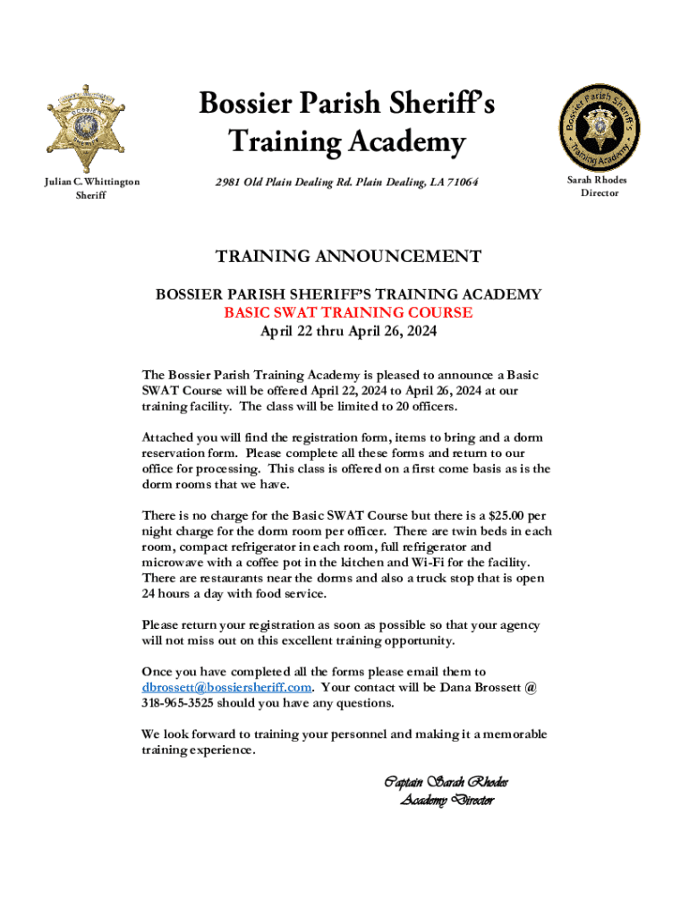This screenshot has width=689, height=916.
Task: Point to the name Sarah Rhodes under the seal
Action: tap(598, 180)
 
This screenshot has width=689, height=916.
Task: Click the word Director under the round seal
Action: tap(598, 192)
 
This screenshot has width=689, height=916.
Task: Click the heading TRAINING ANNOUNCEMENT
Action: tap(348, 258)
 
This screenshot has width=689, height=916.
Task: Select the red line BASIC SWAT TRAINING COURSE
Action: tap(348, 313)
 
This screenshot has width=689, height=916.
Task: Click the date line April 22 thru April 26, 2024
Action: tap(348, 331)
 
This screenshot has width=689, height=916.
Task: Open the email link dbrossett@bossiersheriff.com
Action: tap(226, 687)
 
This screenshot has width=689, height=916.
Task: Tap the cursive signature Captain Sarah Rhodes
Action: tap(446, 783)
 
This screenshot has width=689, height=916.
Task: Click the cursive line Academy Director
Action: tap(446, 800)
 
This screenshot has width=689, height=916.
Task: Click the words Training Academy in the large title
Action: tap(347, 141)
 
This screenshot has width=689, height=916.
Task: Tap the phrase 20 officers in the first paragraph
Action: tap(417, 406)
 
